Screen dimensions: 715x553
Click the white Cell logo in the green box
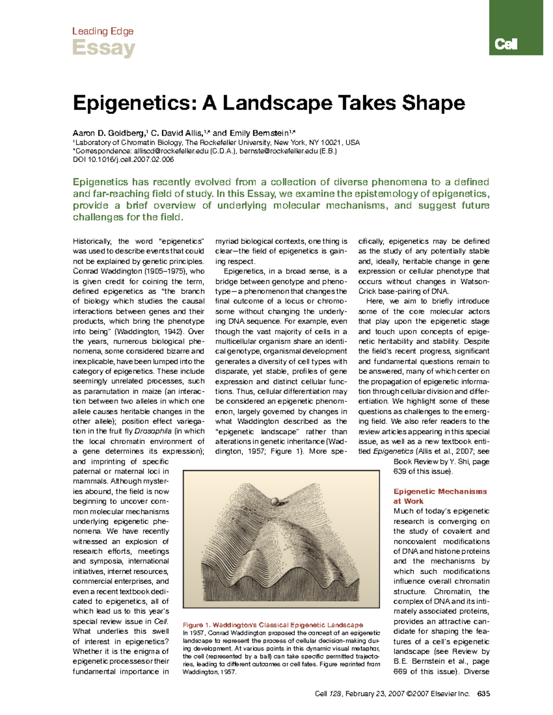pyautogui.click(x=506, y=44)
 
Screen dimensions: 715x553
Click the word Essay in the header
pyautogui.click(x=103, y=48)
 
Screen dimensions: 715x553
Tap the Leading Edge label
pyautogui.click(x=103, y=31)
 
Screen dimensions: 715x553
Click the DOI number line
pyautogui.click(x=124, y=159)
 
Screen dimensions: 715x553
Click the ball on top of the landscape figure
pyautogui.click(x=276, y=501)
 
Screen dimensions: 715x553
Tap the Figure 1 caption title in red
pyautogui.click(x=273, y=625)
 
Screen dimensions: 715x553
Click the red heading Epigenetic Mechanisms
pyautogui.click(x=440, y=491)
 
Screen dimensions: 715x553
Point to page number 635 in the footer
pyautogui.click(x=483, y=693)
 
